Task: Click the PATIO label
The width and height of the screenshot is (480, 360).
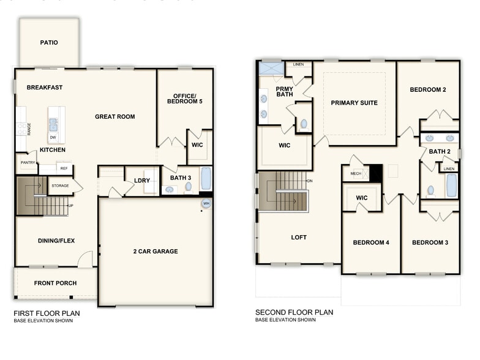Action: tap(49, 43)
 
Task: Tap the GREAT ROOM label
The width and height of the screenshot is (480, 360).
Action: tap(114, 117)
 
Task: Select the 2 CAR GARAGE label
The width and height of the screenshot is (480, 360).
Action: tap(156, 251)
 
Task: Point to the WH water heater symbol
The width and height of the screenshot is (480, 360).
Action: tap(206, 204)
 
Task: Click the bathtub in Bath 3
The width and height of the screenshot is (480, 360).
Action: tap(206, 178)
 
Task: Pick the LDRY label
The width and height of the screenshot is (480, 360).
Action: tap(142, 180)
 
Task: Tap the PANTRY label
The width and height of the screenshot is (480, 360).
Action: tap(28, 163)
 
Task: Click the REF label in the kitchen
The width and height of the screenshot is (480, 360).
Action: tap(63, 167)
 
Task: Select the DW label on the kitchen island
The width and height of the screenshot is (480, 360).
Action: tap(53, 138)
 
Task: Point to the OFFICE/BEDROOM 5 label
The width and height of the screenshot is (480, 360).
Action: tap(184, 99)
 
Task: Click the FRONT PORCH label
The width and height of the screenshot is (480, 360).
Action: tap(54, 283)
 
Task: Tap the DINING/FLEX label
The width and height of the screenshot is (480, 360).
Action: tap(55, 241)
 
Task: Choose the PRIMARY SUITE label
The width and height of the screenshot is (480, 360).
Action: tap(354, 103)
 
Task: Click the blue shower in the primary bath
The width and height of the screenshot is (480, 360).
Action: tap(271, 67)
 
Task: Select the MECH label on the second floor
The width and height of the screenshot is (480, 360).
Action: tap(356, 174)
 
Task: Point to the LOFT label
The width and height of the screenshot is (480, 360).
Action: tap(299, 238)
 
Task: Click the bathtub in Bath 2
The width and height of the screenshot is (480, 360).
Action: tap(451, 186)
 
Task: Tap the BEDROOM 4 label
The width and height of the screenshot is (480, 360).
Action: tap(371, 242)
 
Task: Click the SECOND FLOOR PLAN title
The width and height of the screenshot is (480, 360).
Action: tap(294, 312)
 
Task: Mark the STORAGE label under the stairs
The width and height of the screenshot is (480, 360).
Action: tap(60, 185)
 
